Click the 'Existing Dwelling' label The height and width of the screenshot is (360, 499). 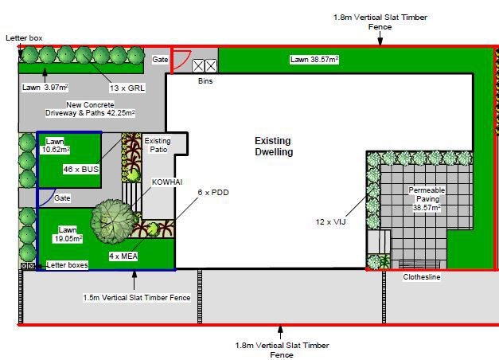tap(274, 147)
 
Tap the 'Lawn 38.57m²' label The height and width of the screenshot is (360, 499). tap(314, 60)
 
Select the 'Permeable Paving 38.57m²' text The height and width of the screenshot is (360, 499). tap(427, 199)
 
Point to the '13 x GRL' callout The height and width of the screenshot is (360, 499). tap(127, 88)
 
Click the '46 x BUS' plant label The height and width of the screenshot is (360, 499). tap(81, 169)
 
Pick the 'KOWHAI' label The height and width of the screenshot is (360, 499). tap(167, 182)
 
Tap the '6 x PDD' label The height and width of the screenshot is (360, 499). tap(213, 193)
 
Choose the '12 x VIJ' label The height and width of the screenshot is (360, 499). tap(330, 221)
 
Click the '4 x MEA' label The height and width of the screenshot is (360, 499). tap(123, 256)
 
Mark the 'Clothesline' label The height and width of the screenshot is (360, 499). tap(422, 277)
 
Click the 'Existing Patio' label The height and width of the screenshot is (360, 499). tap(158, 145)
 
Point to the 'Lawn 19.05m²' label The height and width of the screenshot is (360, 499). tap(68, 234)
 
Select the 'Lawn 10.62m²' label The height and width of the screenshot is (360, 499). tap(55, 145)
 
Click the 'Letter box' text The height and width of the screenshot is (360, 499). tap(24, 38)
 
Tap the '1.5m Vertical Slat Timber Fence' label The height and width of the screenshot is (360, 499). tap(137, 298)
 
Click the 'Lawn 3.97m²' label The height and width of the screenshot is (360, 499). tap(45, 88)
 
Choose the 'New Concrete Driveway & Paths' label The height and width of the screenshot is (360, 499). tap(90, 108)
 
